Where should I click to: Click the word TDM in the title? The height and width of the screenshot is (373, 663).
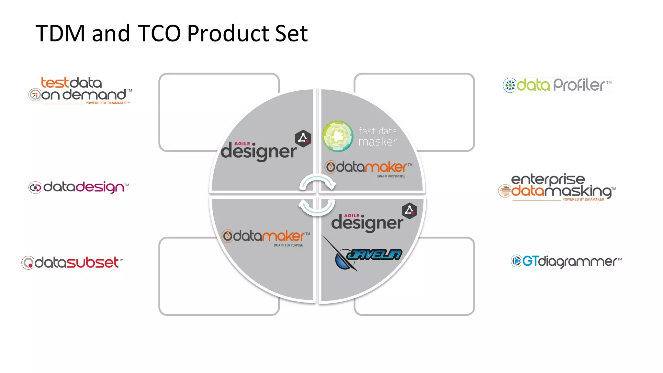pos(60,33)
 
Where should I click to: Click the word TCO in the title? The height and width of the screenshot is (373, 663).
pos(159,33)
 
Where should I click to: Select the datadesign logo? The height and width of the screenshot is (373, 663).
pos(79,187)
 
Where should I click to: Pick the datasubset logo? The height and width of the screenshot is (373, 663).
pos(72,262)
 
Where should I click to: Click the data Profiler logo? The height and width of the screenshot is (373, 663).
pos(557,85)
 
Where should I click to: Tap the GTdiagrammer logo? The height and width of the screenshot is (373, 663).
pos(566,261)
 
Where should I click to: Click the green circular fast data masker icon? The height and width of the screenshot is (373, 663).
pos(338,136)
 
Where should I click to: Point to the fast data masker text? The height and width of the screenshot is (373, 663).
pos(378,136)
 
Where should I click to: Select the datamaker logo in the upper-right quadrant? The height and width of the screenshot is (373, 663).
pos(368,168)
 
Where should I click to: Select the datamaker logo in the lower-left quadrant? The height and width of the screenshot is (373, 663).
pos(265,237)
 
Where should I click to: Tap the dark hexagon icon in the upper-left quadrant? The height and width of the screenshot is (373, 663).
pos(303,139)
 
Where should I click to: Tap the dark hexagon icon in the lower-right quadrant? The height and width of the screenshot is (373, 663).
pos(410,211)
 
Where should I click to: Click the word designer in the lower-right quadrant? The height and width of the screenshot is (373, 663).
pos(367,223)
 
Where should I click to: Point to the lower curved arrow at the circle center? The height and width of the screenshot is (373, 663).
pos(317,207)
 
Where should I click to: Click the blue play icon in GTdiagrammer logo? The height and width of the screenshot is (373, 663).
pos(516,261)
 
